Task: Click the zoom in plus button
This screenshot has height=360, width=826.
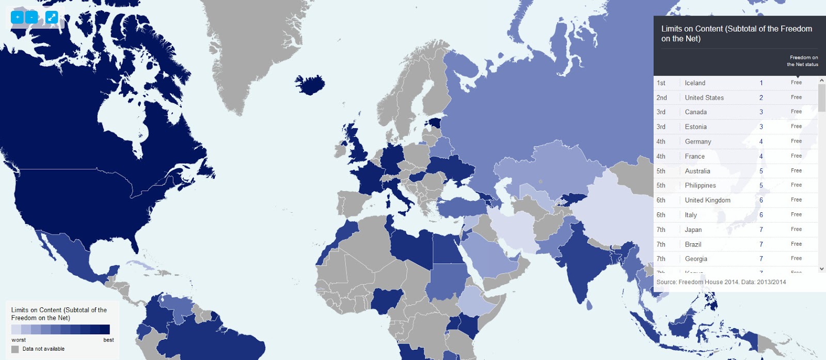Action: [x=18, y=17]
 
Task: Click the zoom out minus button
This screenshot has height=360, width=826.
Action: [x=31, y=17]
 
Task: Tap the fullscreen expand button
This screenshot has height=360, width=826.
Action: [x=52, y=17]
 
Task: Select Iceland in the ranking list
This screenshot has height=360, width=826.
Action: [x=695, y=83]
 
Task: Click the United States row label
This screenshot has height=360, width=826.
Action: [x=704, y=98]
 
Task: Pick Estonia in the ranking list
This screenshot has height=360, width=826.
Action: [x=695, y=127]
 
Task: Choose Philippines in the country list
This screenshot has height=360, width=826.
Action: [x=700, y=185]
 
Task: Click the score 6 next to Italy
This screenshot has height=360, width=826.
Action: [x=761, y=215]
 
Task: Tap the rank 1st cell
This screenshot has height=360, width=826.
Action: [x=661, y=83]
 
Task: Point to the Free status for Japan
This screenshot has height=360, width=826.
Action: [x=796, y=229]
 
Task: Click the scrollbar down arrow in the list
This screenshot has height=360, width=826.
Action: [x=822, y=269]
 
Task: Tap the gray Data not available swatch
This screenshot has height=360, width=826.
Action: [x=15, y=349]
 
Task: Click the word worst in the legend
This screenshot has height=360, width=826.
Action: [x=19, y=340]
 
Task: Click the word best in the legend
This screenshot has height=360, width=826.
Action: [x=108, y=340]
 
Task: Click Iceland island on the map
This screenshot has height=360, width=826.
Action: [x=310, y=84]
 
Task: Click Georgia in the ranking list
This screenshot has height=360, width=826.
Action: [x=696, y=259]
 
